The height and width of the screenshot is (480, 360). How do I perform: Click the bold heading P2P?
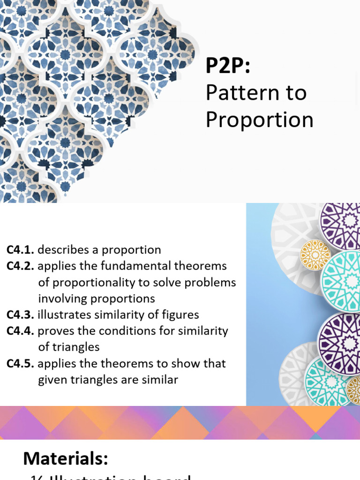point(228,67)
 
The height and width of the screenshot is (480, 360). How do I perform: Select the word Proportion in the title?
point(259,120)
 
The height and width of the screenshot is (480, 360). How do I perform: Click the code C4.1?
point(20,250)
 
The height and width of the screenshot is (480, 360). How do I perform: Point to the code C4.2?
point(20,266)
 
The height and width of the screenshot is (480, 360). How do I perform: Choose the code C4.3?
point(20,315)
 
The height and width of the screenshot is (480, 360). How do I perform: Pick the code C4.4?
point(20,331)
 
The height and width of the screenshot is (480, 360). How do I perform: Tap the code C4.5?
point(20,364)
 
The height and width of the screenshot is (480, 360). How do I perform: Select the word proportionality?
point(101,283)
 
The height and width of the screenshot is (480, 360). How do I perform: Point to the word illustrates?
point(61,315)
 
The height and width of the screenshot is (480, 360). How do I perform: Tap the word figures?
point(180,315)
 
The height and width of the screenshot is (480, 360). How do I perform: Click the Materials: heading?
point(66,458)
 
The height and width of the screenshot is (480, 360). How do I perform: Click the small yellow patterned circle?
point(315,255)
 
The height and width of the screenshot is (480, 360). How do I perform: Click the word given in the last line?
point(52,380)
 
